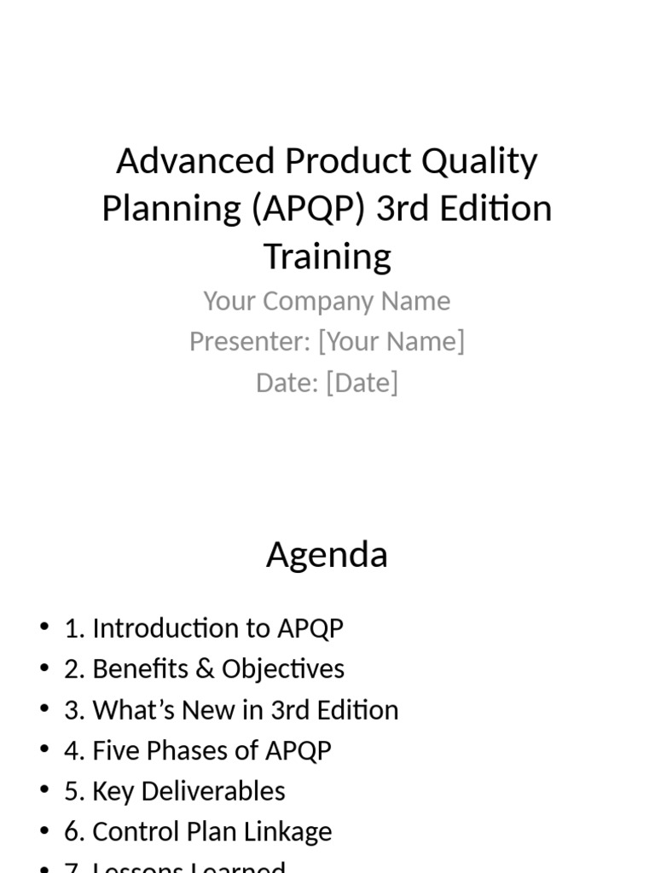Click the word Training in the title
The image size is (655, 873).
[327, 256]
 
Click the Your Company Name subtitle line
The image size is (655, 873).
[327, 301]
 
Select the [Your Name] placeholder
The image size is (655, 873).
[391, 341]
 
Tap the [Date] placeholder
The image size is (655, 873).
[362, 383]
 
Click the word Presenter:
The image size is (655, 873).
[250, 341]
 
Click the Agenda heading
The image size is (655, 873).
[327, 555]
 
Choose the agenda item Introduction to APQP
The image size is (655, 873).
[217, 628]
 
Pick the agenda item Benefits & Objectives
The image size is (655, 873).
[218, 669]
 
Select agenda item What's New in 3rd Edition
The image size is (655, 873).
[246, 710]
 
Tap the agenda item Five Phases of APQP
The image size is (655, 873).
[212, 751]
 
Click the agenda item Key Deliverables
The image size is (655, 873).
[188, 791]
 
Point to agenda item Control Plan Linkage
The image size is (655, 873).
[212, 832]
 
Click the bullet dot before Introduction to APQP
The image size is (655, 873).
[44, 628]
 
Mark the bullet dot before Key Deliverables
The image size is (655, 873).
[44, 791]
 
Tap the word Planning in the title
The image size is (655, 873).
[171, 209]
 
